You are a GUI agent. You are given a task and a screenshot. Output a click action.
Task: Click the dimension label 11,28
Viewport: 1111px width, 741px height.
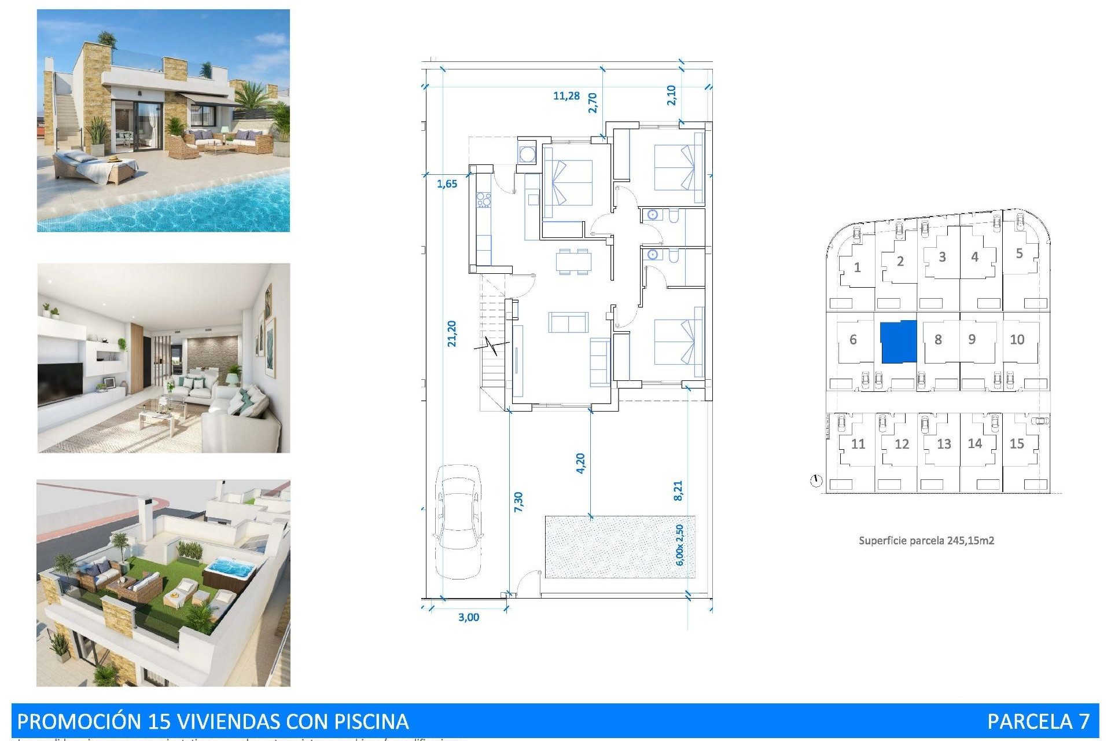point(566,96)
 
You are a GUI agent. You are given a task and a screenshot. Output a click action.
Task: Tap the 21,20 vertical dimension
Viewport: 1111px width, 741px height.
point(452,334)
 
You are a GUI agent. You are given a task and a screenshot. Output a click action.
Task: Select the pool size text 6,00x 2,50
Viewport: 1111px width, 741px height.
point(680,545)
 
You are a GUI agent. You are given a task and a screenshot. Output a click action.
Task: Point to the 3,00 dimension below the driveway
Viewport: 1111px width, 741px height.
point(468,617)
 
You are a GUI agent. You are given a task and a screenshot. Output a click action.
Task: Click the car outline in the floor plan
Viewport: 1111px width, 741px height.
point(458,521)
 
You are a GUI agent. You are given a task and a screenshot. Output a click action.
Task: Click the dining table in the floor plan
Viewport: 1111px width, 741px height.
point(573,261)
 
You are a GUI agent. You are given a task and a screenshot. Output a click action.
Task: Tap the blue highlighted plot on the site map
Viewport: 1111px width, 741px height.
point(898,342)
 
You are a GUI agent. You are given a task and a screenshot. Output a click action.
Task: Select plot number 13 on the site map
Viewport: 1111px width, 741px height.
point(944,444)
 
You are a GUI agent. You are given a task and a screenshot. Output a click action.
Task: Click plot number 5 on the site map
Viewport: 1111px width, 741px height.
point(1019,253)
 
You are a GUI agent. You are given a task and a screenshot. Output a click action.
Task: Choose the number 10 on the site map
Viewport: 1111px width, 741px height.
point(1017,340)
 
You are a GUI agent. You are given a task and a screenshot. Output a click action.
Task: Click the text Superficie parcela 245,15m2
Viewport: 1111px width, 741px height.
point(926,541)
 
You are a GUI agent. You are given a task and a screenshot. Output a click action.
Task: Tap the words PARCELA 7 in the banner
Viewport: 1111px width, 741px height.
point(1038,721)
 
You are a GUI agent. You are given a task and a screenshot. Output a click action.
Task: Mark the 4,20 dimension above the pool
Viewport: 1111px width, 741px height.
point(580,463)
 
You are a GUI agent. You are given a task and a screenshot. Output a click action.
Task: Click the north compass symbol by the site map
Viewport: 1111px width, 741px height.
point(816,480)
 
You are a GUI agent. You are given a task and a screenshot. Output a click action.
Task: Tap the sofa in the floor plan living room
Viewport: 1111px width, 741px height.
point(568,322)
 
